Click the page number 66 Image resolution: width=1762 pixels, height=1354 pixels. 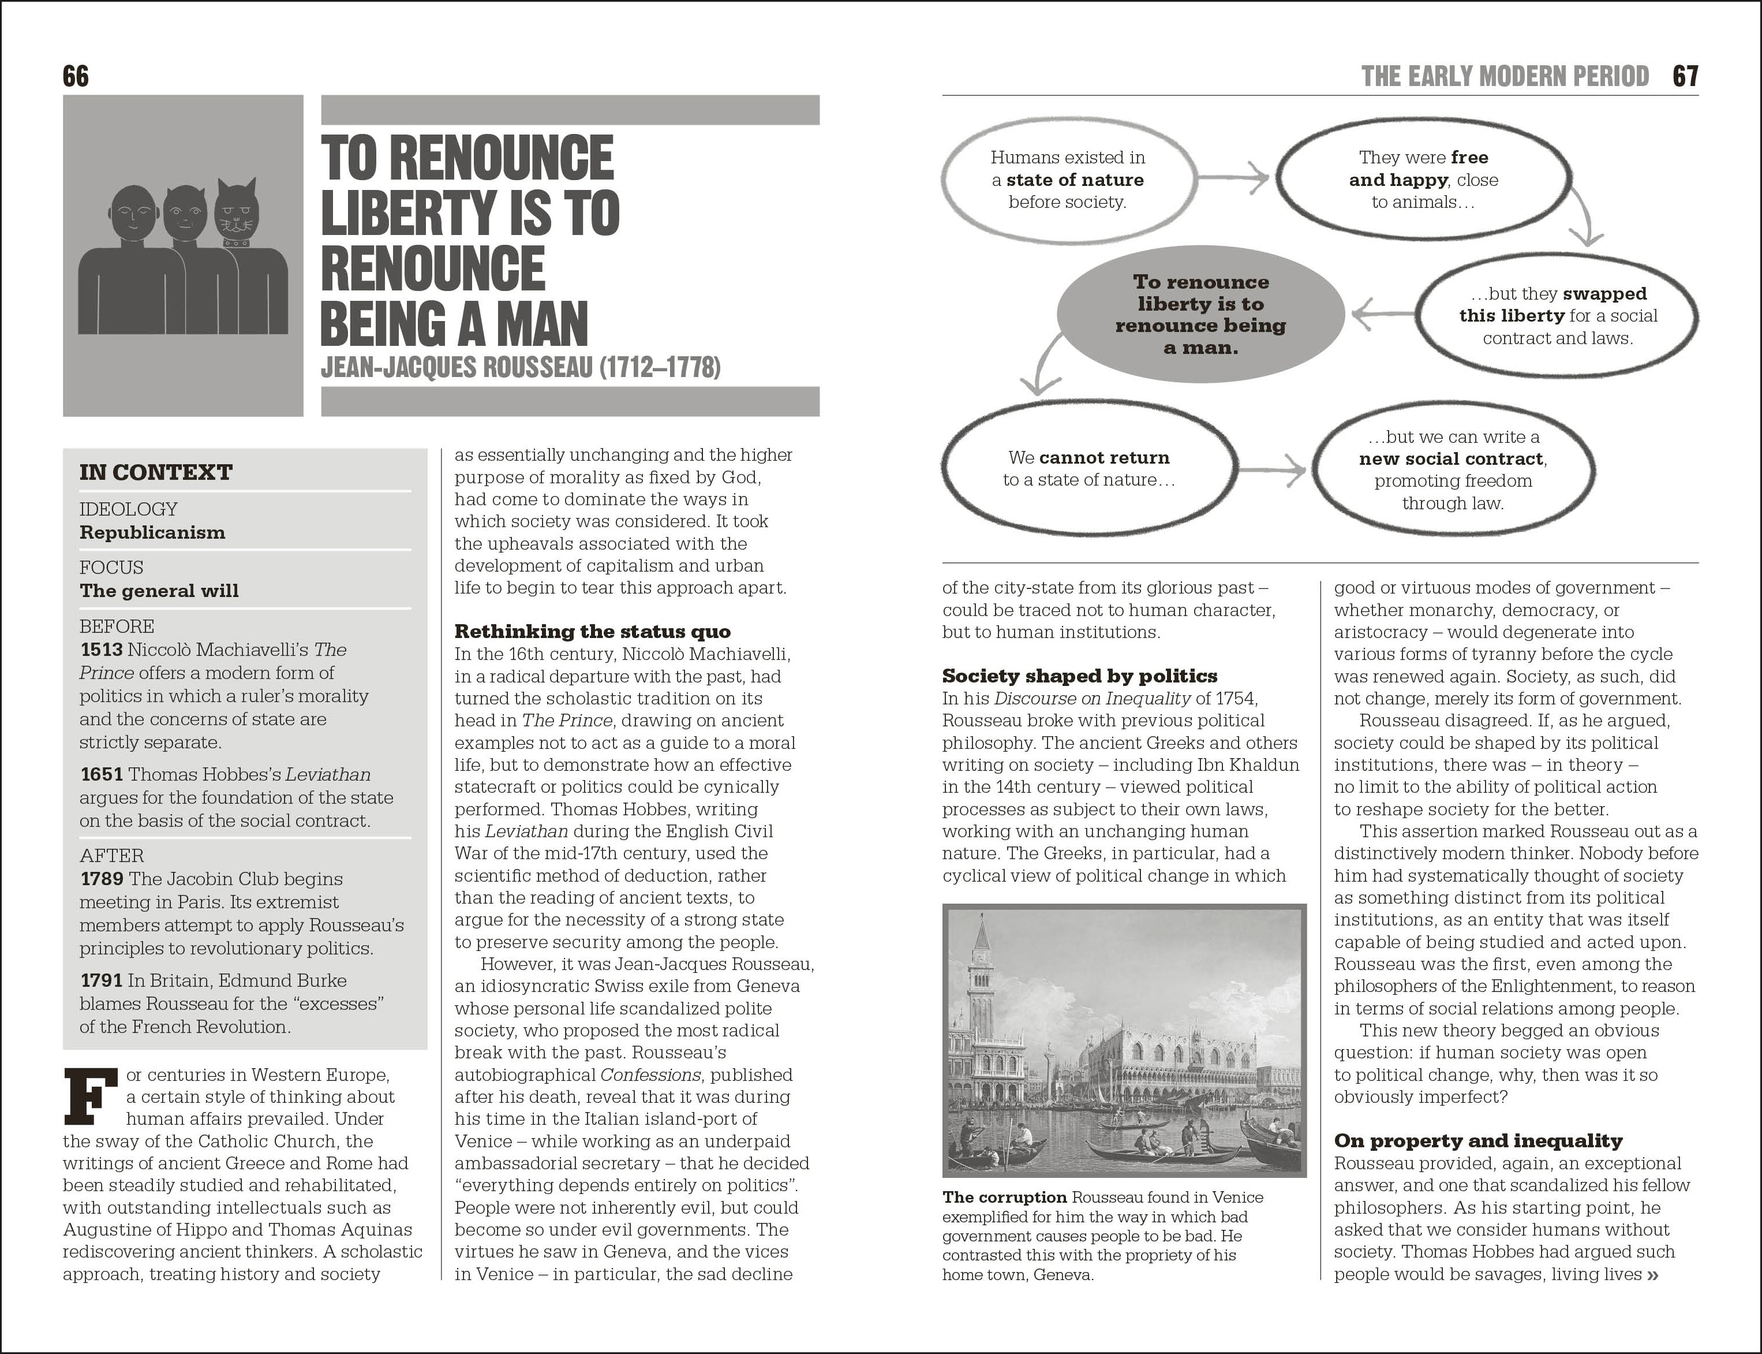76,77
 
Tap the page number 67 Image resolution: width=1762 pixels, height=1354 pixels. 1685,77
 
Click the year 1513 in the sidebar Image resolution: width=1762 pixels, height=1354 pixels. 102,650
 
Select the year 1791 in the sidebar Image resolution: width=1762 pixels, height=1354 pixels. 102,981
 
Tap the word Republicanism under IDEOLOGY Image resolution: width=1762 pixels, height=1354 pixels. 152,533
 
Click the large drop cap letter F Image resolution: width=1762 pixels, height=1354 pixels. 85,1095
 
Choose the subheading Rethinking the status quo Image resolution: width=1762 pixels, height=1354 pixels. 592,631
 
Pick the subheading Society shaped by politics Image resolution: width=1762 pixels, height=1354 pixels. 1080,676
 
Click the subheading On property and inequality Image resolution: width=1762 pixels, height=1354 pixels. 1477,1140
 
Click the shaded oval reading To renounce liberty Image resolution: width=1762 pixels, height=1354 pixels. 1200,314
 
